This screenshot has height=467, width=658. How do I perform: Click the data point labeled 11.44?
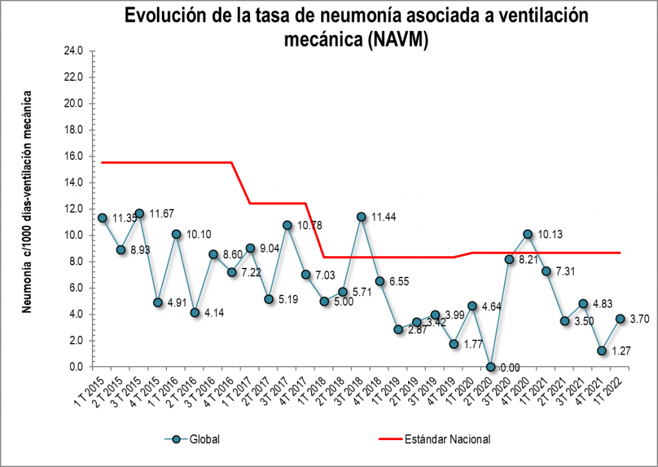point(361,217)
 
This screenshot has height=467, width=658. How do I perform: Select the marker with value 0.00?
point(491,367)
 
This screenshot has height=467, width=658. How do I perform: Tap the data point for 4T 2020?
point(528,234)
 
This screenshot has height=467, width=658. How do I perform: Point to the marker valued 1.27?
point(602,351)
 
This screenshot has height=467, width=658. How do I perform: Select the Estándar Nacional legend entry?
point(447,439)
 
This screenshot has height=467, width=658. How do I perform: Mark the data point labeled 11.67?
point(139,213)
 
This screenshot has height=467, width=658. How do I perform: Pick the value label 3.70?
point(639,319)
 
